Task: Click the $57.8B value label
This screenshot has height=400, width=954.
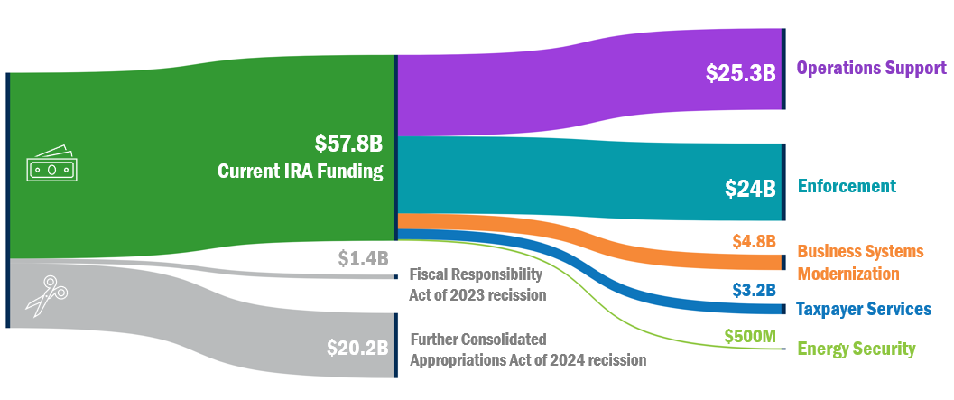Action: tap(348, 144)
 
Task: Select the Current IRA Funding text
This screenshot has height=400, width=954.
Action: tap(301, 171)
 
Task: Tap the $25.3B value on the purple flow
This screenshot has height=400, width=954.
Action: tap(741, 74)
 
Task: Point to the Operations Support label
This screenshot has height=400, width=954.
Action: tap(872, 68)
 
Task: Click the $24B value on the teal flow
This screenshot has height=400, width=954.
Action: tap(750, 189)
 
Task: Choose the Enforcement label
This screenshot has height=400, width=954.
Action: tap(847, 186)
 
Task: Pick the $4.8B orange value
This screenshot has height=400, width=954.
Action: tap(754, 241)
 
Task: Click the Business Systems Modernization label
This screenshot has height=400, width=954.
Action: tap(860, 262)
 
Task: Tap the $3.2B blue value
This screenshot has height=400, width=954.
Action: tap(754, 290)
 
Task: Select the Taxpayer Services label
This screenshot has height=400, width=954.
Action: tap(863, 309)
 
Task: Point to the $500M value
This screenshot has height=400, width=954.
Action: tap(750, 336)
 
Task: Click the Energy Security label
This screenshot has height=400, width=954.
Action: tap(857, 349)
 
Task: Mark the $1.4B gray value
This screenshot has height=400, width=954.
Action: tap(363, 259)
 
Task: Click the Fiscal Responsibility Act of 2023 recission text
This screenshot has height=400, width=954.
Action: tap(477, 284)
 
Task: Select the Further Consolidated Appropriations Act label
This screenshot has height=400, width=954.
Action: tap(528, 349)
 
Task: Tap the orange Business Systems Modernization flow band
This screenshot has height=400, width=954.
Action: tap(632, 244)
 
